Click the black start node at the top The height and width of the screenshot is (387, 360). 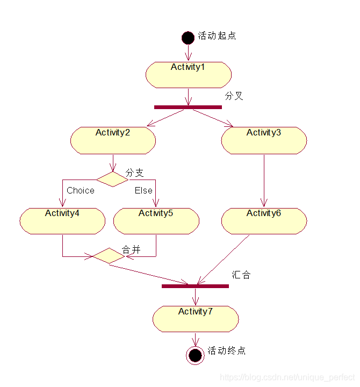188,38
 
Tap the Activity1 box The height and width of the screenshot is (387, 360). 189,75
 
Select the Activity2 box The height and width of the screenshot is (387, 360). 113,140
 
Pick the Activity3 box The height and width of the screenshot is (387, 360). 264,140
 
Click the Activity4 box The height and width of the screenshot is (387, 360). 62,221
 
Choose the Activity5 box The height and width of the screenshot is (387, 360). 156,221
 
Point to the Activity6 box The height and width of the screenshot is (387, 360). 264,221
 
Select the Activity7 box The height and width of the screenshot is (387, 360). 196,319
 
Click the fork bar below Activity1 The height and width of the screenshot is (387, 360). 188,107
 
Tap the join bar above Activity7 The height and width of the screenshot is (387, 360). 195,286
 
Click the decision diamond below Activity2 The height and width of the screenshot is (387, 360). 112,179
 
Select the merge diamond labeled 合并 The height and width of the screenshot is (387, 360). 109,256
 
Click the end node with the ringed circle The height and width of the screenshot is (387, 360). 195,355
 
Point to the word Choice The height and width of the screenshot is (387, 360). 81,190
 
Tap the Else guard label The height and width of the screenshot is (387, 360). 143,190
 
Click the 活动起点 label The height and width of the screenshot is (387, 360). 217,36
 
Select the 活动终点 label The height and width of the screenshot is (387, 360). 227,350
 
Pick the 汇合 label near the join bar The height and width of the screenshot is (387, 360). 241,275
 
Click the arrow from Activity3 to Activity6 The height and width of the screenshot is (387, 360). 264,181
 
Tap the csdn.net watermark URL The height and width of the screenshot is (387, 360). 287,377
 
